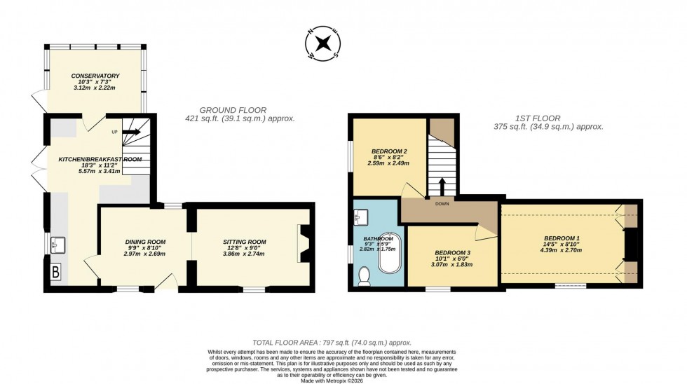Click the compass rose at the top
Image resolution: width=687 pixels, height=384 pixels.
[323, 42]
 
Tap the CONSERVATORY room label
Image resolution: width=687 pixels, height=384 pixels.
[95, 76]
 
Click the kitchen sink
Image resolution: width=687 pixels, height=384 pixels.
[57, 244]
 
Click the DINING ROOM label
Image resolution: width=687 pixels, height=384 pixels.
[145, 242]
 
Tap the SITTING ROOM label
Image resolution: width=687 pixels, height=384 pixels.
[245, 242]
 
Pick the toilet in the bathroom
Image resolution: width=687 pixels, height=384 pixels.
[364, 277]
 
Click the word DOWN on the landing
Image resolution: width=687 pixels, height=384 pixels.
[442, 204]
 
